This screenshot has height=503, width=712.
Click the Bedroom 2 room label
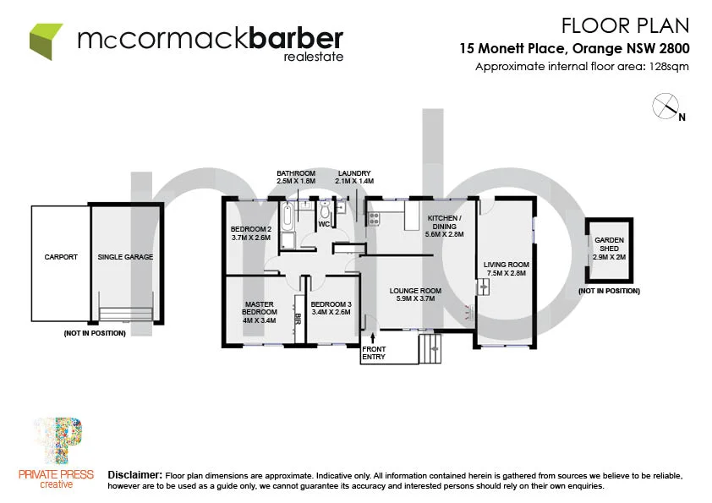coord(250,233)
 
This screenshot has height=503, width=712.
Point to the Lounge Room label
coord(416,294)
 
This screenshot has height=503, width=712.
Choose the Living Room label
coord(506,269)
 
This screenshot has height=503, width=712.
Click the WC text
coord(323,224)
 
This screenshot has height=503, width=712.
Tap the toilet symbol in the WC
coord(325,210)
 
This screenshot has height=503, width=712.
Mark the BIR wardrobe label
coord(298,320)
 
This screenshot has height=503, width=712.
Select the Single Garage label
coord(125,257)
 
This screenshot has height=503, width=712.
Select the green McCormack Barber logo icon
coord(47,40)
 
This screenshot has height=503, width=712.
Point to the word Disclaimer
coord(135,476)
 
